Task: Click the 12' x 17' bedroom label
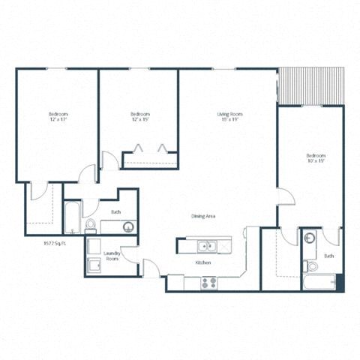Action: coord(58,117)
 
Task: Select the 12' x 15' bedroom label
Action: coord(139,117)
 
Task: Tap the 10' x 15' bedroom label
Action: coord(316,158)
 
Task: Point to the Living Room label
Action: coord(229,117)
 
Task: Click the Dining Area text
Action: coord(203,216)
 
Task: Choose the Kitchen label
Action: coord(202,263)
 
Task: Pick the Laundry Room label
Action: coord(112,256)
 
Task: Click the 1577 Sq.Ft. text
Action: coord(57,243)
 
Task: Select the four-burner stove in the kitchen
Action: coord(209,283)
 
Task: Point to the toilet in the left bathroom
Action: coord(90,224)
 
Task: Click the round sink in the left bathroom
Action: coord(127,226)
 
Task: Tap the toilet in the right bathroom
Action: coord(312,265)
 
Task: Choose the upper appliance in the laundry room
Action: coord(94,247)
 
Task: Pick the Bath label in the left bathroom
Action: coord(115,213)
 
